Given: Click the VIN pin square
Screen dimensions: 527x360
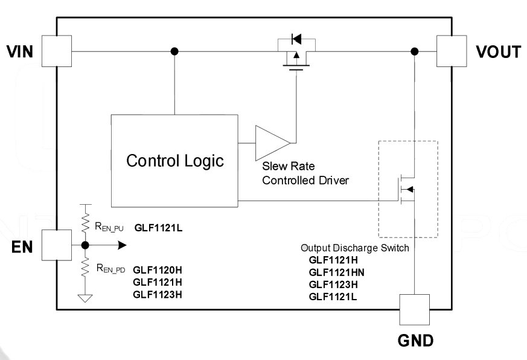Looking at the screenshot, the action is (x=57, y=51).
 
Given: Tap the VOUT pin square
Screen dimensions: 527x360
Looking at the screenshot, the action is (x=452, y=51).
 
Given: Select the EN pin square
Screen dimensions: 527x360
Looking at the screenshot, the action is (x=57, y=245).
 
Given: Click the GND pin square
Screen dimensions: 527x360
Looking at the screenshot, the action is (x=414, y=309).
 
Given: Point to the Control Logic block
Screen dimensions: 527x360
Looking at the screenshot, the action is (x=174, y=161).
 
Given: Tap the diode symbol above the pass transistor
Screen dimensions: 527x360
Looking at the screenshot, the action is (x=296, y=39).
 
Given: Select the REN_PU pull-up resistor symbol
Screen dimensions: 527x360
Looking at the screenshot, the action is (x=86, y=222).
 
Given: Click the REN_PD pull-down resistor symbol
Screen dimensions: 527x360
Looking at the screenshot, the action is (x=86, y=267).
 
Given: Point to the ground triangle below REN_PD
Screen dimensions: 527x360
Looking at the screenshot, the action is (x=85, y=298).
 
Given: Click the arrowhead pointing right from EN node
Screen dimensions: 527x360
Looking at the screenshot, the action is (x=122, y=245).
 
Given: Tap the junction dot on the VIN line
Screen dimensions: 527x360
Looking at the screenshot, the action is (x=174, y=51).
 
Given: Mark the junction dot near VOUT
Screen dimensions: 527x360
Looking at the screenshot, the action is (x=415, y=51).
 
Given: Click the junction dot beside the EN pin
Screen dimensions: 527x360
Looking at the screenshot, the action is (x=85, y=245).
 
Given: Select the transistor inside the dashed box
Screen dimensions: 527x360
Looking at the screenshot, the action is (x=406, y=190).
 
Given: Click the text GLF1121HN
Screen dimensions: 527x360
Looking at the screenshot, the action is (x=336, y=272).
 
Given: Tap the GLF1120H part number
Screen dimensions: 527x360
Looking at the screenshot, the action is (x=158, y=270).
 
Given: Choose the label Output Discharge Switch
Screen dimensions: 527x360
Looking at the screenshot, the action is (x=355, y=248).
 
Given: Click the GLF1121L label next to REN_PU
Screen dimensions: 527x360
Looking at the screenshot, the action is (x=158, y=228).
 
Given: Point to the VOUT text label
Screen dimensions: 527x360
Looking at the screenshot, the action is (x=499, y=52).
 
